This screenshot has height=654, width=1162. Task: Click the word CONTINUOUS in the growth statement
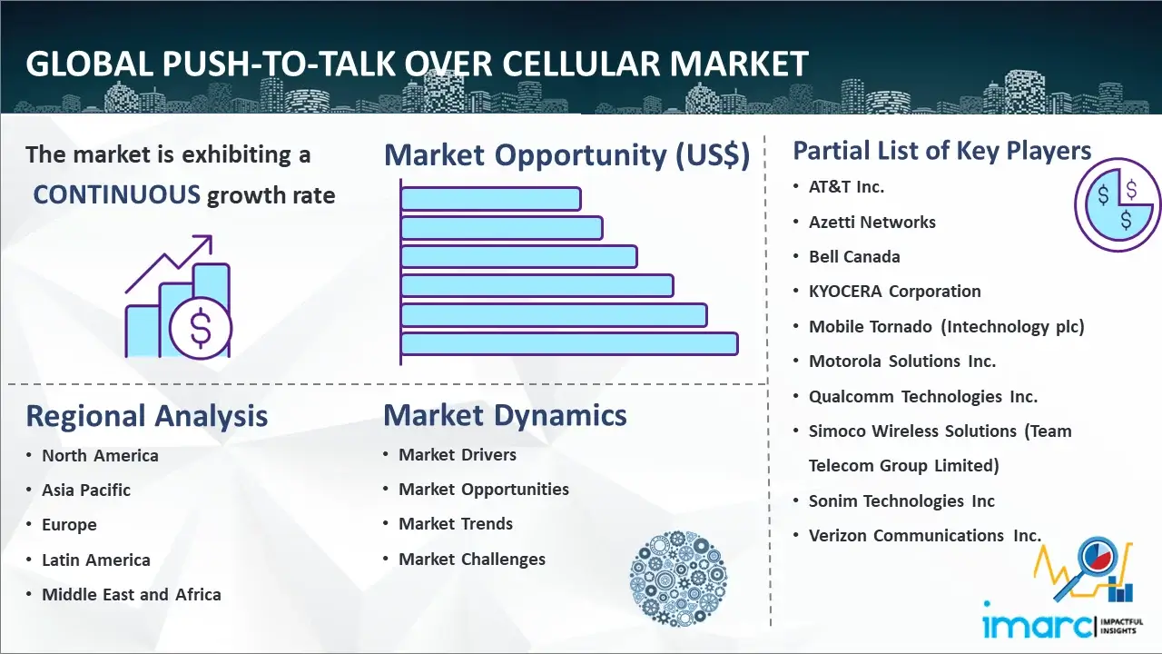(117, 195)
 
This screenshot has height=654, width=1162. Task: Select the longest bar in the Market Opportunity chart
(569, 344)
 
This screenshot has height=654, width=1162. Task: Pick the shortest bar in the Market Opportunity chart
(490, 199)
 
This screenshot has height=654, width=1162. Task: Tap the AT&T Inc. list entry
(846, 187)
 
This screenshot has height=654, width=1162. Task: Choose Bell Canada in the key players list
(854, 256)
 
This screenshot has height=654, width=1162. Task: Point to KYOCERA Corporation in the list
(895, 292)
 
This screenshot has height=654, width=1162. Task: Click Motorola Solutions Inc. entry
(902, 361)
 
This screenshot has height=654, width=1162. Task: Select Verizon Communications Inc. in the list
(925, 535)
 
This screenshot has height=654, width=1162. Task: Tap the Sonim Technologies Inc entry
(901, 500)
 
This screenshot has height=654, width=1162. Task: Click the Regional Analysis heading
(147, 416)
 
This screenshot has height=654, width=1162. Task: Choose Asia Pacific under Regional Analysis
(86, 490)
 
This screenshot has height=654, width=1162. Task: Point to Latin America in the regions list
(96, 560)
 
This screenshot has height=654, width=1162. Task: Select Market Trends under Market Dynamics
(456, 524)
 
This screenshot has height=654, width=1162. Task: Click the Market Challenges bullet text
(472, 559)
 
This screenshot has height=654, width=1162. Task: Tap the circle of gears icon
(678, 578)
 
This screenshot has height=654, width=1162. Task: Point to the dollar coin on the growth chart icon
(201, 328)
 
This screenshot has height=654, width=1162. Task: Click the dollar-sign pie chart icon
(1117, 204)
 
